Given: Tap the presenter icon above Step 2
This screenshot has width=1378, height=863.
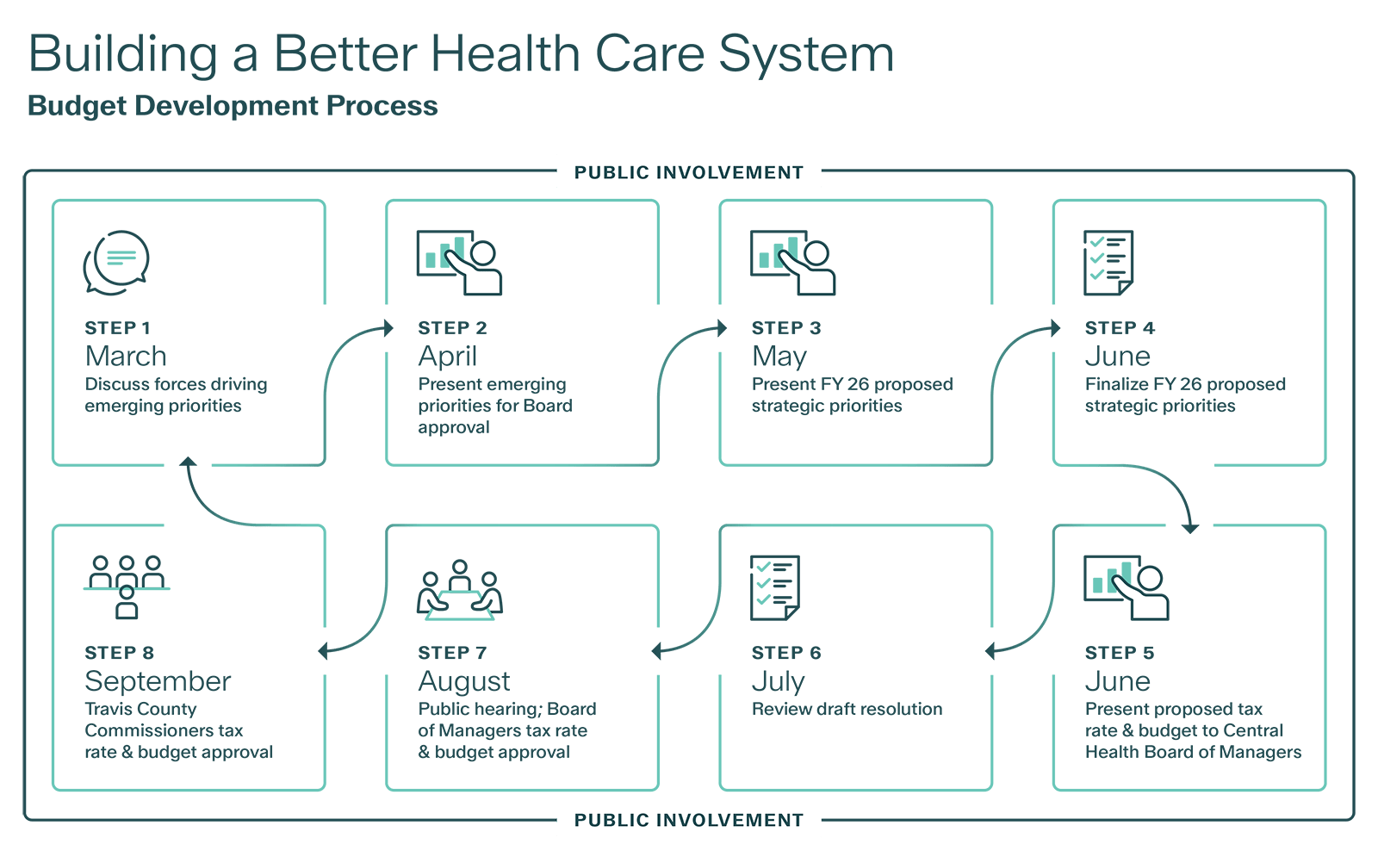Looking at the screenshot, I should tap(459, 262).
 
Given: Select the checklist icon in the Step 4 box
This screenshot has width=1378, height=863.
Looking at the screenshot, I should tap(1108, 262).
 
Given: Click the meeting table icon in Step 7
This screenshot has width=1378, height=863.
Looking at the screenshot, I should tap(459, 590).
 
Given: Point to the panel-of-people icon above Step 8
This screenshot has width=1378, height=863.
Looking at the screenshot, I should tap(127, 587).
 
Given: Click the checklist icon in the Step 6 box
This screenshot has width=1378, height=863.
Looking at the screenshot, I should tap(774, 587).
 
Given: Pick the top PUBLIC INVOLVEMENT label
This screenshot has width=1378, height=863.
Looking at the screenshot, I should tap(689, 171).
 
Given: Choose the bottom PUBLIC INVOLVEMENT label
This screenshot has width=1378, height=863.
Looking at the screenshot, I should tap(689, 820).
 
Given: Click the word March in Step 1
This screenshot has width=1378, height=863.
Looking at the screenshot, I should tap(126, 356).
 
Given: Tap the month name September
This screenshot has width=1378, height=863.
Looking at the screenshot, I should tap(158, 681).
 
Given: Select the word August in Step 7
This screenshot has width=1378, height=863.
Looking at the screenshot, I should tap(463, 681).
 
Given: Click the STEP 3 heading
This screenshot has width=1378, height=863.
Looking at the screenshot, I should tap(785, 327).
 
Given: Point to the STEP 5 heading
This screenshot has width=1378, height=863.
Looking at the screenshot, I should tap(1119, 653).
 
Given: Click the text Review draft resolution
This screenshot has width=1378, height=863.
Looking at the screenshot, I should tap(847, 709).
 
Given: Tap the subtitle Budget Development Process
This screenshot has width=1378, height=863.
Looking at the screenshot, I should tap(233, 105).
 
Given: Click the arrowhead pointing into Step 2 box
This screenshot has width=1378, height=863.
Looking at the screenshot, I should tap(388, 327).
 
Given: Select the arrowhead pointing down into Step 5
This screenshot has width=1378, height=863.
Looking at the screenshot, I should tap(1190, 526).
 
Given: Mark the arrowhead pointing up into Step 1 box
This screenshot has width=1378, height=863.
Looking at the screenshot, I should tap(188, 463).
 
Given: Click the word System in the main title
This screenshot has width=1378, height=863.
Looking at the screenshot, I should tap(806, 53).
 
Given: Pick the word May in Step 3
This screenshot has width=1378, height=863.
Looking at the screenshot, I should tap(779, 356).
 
